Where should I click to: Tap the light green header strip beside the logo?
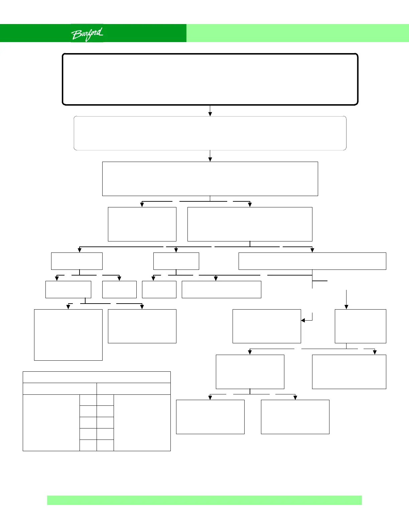[x=297, y=33]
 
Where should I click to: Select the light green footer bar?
[x=204, y=500]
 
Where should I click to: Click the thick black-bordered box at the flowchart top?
[x=210, y=79]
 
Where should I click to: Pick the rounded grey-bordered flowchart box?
[x=210, y=133]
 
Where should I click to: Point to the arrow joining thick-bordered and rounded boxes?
[x=210, y=111]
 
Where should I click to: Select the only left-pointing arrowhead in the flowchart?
[x=303, y=321]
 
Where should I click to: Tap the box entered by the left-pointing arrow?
[x=267, y=326]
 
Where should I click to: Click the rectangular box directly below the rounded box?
[x=210, y=179]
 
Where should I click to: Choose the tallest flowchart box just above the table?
[x=68, y=335]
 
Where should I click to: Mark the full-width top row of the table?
[x=97, y=377]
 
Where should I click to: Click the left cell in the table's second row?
[x=59, y=389]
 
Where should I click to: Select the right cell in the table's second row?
[x=134, y=389]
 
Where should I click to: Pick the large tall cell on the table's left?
[x=51, y=423]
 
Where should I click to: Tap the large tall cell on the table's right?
[x=142, y=423]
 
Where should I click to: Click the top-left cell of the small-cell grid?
[x=88, y=400]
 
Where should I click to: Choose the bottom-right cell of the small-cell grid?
[x=105, y=445]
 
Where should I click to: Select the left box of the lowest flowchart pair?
[x=210, y=417]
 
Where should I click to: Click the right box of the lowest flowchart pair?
[x=295, y=417]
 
